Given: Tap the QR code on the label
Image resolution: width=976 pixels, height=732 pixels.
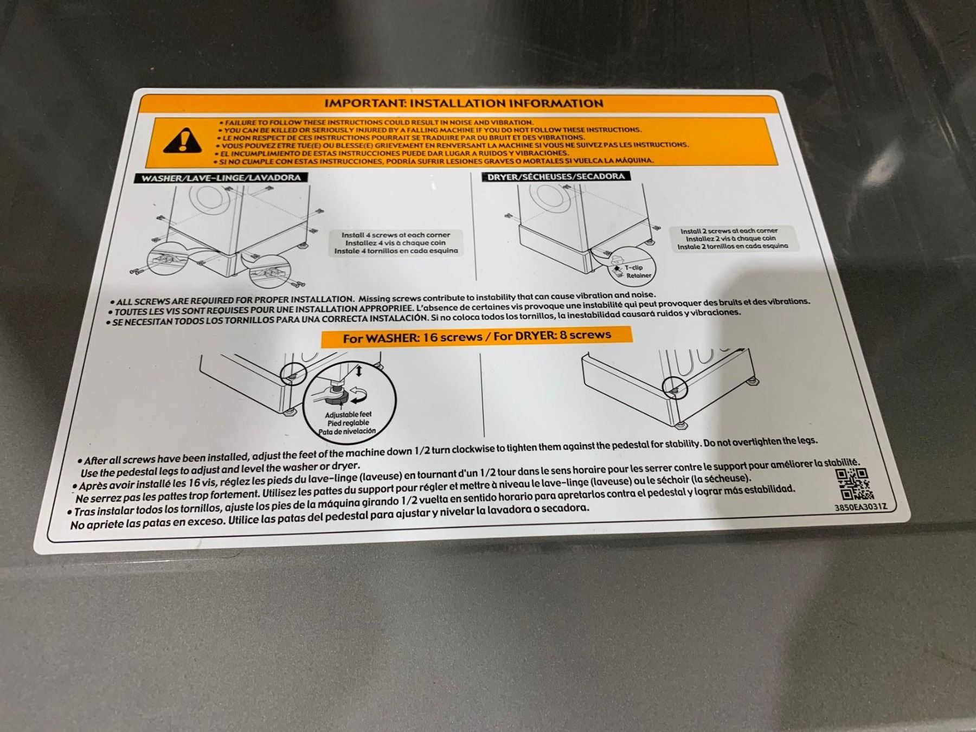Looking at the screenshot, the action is tap(855, 484).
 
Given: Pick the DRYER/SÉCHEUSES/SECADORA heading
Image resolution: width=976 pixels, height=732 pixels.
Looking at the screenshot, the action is tap(556, 176).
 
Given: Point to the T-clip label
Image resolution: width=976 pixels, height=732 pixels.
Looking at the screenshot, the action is tap(633, 267).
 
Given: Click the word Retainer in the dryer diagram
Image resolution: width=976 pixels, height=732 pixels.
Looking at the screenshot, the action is tap(639, 275).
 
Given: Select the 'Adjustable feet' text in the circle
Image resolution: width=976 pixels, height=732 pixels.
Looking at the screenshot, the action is tap(348, 415).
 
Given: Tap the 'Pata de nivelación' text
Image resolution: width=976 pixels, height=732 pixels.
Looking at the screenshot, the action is tap(347, 432).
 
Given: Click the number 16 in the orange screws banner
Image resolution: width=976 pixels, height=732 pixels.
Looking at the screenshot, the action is tap(431, 337).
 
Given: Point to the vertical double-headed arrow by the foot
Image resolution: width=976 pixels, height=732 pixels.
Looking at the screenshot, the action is tap(358, 372).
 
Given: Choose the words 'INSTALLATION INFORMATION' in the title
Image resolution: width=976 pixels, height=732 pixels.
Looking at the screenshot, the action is tap(506, 103).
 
